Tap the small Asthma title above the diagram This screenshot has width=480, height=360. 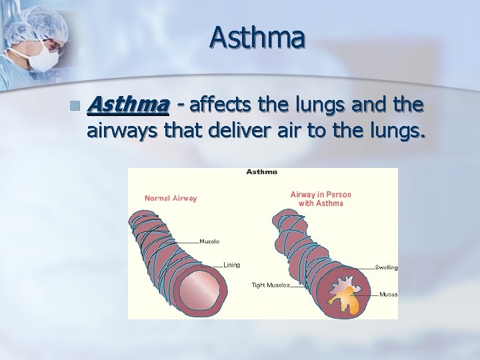coord(261,172)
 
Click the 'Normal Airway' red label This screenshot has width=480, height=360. coord(171,198)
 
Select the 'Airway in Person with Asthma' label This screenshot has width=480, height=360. coord(321,199)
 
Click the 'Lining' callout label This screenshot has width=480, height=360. coord(231,265)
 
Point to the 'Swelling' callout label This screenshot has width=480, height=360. coord(386,267)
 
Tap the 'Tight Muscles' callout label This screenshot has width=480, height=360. coord(271,285)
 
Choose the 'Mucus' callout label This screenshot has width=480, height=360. coord(388,294)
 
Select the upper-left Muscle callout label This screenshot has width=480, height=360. coord(209,241)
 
